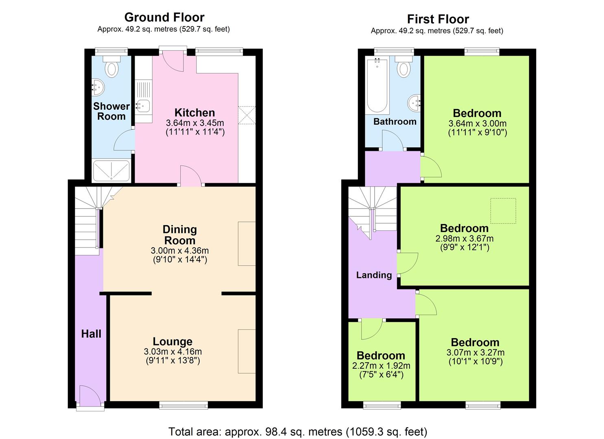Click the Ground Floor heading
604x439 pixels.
coord(164,17)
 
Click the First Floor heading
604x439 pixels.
coord(438,19)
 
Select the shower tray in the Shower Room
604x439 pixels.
coord(111,171)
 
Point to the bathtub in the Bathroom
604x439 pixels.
coord(377,86)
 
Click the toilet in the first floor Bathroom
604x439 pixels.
coord(403,68)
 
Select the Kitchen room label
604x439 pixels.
coord(194,113)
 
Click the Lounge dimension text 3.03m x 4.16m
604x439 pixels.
coord(172,352)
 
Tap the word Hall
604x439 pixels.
coord(91,334)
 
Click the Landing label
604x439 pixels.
coord(374,275)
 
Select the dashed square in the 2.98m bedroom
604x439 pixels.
coord(503,211)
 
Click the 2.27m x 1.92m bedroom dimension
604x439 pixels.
coord(381,365)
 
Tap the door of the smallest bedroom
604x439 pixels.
coord(371,328)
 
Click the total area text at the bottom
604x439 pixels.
coord(298,431)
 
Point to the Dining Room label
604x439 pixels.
coord(180,235)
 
